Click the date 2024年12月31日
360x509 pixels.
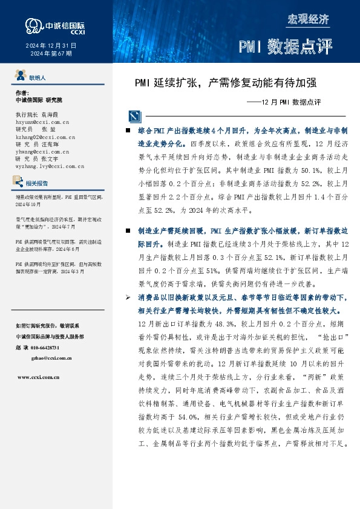[51, 45]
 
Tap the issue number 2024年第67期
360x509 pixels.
[51, 53]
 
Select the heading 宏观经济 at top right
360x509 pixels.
[308, 19]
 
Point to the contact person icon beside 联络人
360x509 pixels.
[19, 77]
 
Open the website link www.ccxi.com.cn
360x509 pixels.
[38, 376]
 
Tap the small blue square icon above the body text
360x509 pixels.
[133, 116]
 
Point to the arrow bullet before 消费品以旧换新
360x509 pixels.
[127, 297]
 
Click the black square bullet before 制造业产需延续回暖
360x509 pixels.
[127, 231]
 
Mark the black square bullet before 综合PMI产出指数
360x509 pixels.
[127, 131]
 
